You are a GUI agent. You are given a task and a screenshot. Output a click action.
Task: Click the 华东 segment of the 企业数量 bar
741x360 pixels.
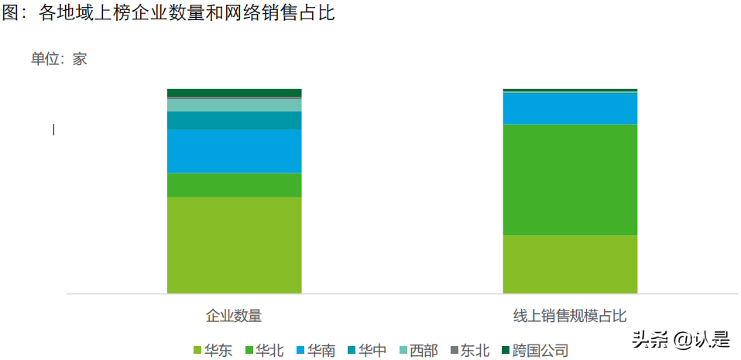(234, 245)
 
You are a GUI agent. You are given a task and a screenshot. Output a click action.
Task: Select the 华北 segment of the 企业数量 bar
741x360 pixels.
(234, 185)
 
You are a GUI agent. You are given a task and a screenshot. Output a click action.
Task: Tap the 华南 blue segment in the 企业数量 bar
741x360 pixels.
(234, 151)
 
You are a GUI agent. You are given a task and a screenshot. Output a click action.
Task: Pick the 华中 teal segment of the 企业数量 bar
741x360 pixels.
(234, 120)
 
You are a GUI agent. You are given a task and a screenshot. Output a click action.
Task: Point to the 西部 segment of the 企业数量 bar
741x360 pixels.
(234, 105)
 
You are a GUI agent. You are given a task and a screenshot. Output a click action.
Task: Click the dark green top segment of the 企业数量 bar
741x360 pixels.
(234, 92)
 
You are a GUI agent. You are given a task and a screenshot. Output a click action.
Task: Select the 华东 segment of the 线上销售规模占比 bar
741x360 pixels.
(570, 264)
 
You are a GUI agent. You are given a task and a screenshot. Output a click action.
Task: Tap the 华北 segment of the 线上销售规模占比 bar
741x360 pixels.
(570, 180)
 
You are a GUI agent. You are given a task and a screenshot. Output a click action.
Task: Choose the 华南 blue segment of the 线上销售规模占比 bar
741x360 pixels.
(570, 108)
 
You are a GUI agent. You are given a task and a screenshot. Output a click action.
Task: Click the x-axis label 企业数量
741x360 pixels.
(234, 316)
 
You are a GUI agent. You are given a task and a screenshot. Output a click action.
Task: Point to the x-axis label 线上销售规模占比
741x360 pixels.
(570, 316)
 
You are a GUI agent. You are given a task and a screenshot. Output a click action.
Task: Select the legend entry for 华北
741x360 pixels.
(263, 351)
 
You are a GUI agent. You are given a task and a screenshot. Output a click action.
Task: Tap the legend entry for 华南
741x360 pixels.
(315, 351)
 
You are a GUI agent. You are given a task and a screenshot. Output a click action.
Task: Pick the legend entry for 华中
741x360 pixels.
(367, 351)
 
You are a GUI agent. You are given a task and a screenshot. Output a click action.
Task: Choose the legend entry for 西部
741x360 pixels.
(418, 351)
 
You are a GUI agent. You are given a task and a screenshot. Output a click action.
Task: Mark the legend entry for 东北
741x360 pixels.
(469, 351)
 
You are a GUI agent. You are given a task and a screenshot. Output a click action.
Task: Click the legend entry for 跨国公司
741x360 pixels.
(535, 351)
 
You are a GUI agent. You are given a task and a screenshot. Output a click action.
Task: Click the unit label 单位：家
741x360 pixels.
(59, 59)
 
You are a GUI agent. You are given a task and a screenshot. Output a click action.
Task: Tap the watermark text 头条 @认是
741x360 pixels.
(681, 339)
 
